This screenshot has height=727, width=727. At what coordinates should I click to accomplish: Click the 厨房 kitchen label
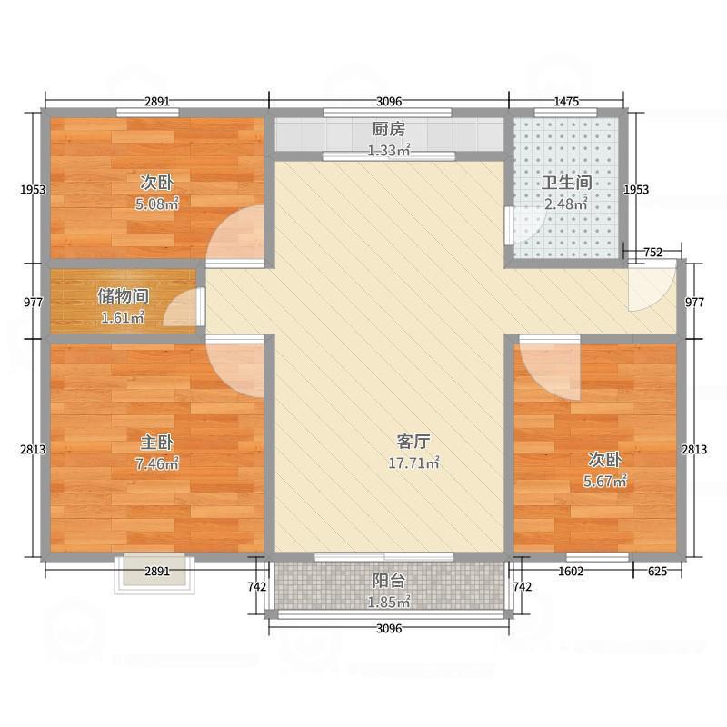[x=388, y=129]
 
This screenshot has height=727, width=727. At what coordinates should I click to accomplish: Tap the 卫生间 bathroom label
[x=565, y=183]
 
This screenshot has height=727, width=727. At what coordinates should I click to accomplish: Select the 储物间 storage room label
[x=123, y=296]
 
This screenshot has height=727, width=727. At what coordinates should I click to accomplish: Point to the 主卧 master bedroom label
[x=157, y=443]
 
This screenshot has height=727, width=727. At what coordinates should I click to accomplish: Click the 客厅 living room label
[x=413, y=443]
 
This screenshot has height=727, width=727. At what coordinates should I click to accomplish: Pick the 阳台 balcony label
[x=388, y=581]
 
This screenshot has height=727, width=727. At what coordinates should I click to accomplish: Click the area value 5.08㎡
[x=157, y=204]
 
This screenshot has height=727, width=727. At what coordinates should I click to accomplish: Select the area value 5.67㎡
[x=604, y=481]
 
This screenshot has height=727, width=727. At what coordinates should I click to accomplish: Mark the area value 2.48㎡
[x=565, y=204]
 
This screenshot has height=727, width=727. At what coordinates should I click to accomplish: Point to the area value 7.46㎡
[x=157, y=464]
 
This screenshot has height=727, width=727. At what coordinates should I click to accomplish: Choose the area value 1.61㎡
[x=123, y=318]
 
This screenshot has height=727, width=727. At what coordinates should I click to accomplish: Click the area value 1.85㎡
[x=388, y=603]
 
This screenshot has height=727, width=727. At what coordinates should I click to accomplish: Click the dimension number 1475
[x=566, y=101]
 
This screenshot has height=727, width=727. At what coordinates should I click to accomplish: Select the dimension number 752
[x=652, y=253]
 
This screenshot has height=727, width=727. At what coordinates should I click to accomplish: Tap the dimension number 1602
[x=572, y=571]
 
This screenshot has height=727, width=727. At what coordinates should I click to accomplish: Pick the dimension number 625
[x=657, y=571]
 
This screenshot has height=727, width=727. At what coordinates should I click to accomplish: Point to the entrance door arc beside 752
[x=647, y=287]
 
